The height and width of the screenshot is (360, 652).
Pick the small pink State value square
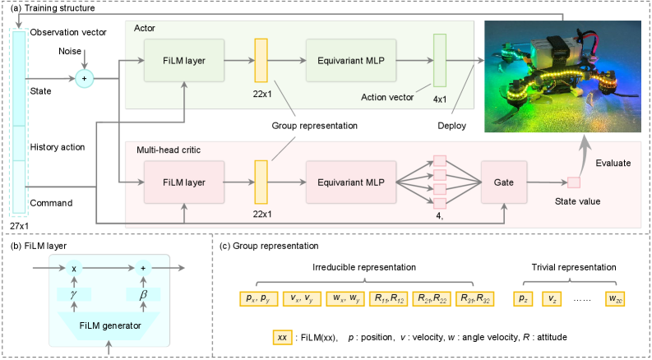[x=574, y=182]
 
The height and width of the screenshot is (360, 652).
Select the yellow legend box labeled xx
[x=283, y=337]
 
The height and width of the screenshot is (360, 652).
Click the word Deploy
[x=452, y=126]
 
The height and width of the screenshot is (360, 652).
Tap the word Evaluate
[x=613, y=164]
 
